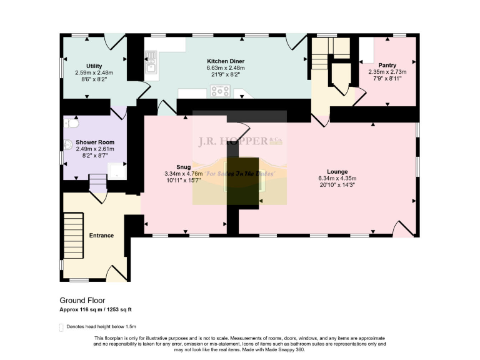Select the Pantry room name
click(387, 65)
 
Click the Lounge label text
click(337, 171)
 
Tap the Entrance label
click(101, 236)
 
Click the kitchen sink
click(151, 61)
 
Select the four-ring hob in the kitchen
click(221, 91)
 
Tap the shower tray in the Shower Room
click(115, 169)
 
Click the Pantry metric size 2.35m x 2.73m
click(387, 72)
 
